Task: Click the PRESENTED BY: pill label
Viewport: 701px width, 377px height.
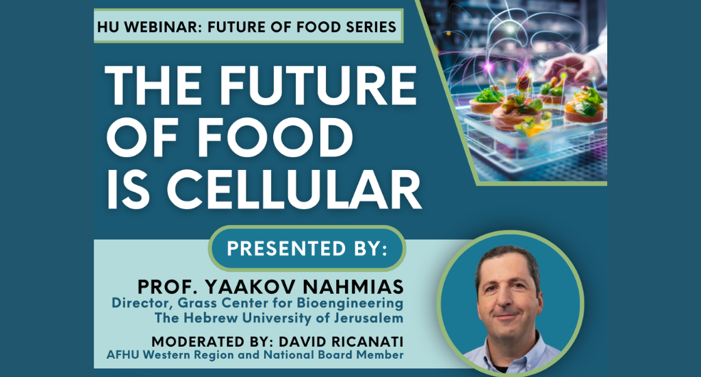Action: coord(307,249)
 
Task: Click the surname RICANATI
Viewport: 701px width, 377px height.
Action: coord(367,341)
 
